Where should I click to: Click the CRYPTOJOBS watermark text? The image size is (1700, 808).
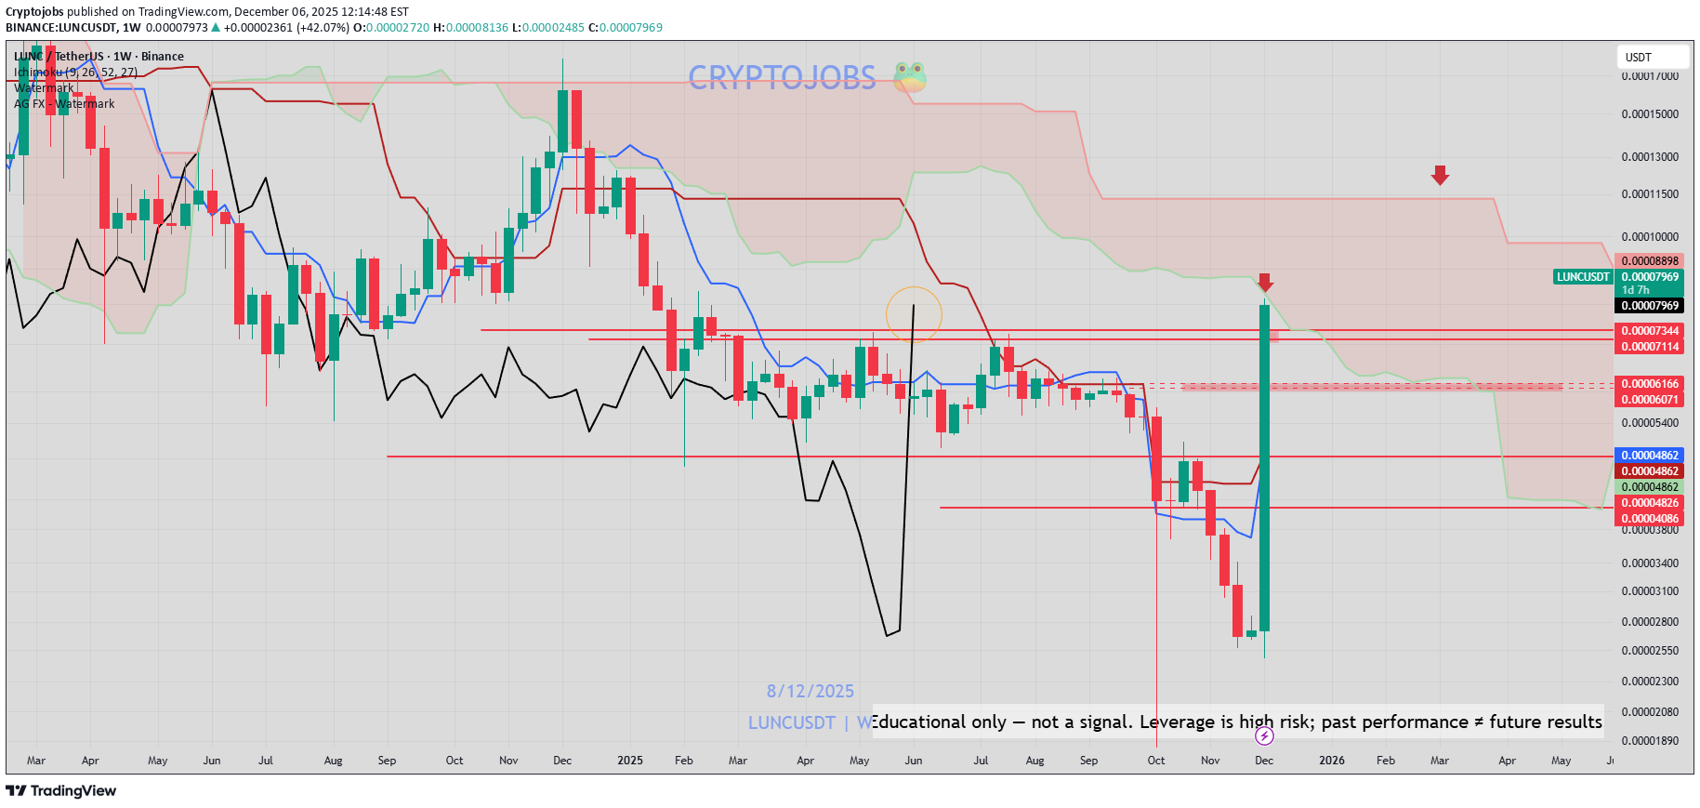pyautogui.click(x=782, y=77)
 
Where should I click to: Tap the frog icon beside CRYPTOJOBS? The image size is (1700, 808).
pyautogui.click(x=910, y=77)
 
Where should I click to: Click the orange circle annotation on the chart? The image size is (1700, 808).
pyautogui.click(x=914, y=314)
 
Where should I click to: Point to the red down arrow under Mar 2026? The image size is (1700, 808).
pyautogui.click(x=1440, y=175)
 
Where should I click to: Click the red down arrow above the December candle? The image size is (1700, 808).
pyautogui.click(x=1265, y=282)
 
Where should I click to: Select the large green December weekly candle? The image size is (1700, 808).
pyautogui.click(x=1264, y=465)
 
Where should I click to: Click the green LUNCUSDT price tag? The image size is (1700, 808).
pyautogui.click(x=1583, y=277)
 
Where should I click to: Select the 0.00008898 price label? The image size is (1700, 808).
pyautogui.click(x=1650, y=261)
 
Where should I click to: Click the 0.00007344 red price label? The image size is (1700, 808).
pyautogui.click(x=1650, y=331)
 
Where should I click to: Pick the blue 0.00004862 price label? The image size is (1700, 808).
pyautogui.click(x=1650, y=456)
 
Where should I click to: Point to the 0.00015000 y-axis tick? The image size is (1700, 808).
pyautogui.click(x=1650, y=114)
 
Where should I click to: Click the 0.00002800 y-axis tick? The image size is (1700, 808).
pyautogui.click(x=1650, y=622)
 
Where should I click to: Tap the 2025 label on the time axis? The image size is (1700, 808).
pyautogui.click(x=629, y=761)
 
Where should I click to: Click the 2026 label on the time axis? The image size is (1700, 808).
pyautogui.click(x=1331, y=761)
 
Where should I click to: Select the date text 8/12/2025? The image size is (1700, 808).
pyautogui.click(x=810, y=691)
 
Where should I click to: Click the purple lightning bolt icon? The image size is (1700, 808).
pyautogui.click(x=1264, y=736)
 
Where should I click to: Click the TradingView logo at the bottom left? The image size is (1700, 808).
pyautogui.click(x=61, y=790)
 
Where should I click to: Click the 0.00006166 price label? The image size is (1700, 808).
pyautogui.click(x=1650, y=384)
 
